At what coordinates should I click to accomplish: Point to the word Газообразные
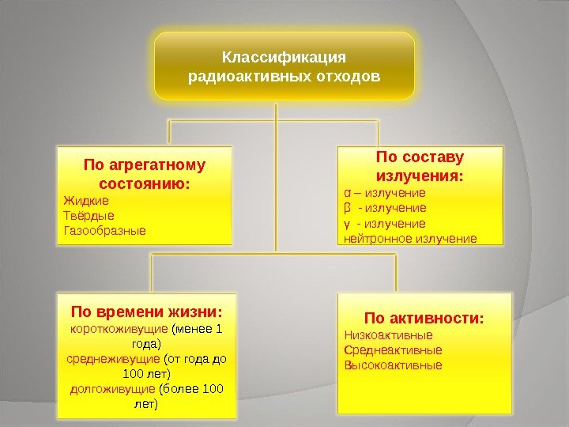tap(104, 231)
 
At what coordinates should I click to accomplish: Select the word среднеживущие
tap(113, 358)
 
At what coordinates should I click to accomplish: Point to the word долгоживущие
tap(113, 389)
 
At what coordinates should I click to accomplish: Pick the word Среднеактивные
tap(393, 350)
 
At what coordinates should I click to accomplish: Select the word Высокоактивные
tap(393, 365)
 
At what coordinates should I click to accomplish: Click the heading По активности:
tap(424, 318)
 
